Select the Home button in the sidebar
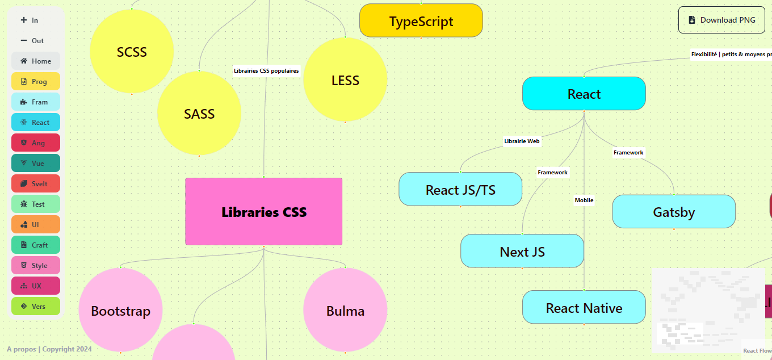coord(36,61)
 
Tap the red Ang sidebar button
coord(36,143)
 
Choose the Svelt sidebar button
coord(36,183)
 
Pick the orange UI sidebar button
coord(36,224)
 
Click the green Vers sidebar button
coord(36,306)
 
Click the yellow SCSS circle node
coord(132,52)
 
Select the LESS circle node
coord(345,80)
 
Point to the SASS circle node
coord(199,114)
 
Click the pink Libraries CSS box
coord(264,212)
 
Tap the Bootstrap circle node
coord(120,311)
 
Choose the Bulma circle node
coord(345,311)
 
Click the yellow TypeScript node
coord(421,21)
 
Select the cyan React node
coord(584,94)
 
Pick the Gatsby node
coord(674,212)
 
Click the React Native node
coord(584,308)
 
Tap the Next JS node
coord(522,251)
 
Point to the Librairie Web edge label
coord(522,141)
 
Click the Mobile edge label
coord(584,200)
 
